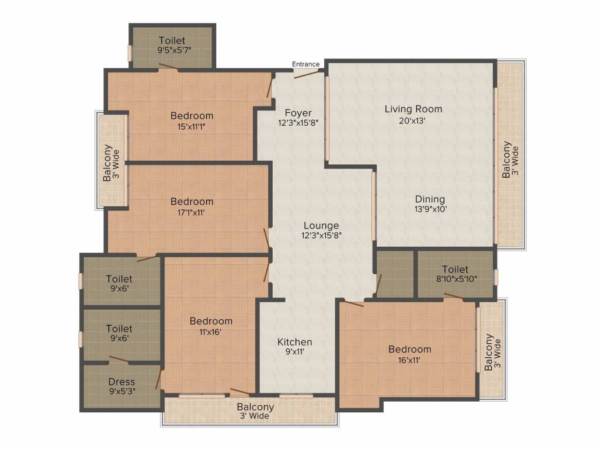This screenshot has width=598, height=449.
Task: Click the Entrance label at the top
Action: click(306, 64)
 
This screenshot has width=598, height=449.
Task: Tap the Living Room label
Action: click(413, 109)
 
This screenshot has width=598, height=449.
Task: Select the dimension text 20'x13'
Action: click(413, 121)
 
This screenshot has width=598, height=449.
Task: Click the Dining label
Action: click(430, 199)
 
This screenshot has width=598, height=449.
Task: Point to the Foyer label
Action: click(298, 112)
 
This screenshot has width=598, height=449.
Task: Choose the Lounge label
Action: click(321, 225)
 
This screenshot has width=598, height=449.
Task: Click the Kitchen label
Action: click(294, 341)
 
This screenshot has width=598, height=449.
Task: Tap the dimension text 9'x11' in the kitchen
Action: click(294, 352)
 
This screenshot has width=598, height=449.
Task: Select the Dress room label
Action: click(121, 382)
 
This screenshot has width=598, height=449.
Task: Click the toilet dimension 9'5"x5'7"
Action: click(172, 50)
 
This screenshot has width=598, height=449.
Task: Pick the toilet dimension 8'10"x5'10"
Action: click(455, 279)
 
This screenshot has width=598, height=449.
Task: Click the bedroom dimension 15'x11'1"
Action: click(192, 126)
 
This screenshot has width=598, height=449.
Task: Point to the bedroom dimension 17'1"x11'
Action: click(192, 212)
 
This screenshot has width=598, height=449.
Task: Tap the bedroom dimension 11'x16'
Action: click(210, 331)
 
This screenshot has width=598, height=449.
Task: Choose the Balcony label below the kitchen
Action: click(255, 407)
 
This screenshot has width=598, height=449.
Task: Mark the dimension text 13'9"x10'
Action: click(430, 209)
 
